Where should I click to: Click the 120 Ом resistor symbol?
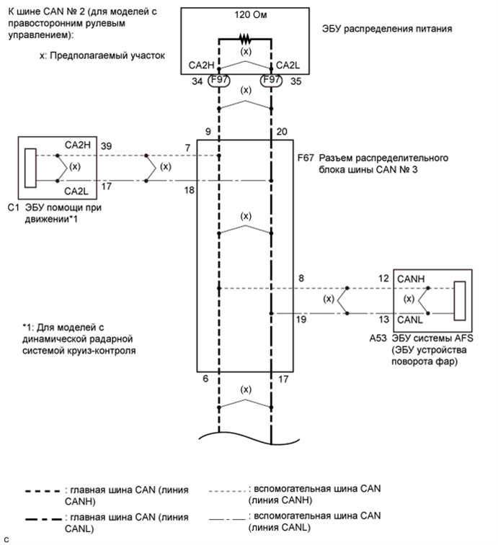245,39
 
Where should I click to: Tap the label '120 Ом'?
251,15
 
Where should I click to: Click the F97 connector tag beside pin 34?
219,81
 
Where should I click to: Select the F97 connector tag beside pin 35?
272,81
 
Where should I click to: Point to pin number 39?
106,146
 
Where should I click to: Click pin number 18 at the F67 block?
190,190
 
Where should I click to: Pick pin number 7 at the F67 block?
188,148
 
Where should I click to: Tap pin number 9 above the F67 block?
208,132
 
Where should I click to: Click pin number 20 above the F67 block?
282,132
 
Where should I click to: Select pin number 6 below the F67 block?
205,379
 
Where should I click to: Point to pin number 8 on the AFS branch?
301,278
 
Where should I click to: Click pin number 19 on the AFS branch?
301,320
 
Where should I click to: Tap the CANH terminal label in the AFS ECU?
411,279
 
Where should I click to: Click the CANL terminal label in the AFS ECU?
410,320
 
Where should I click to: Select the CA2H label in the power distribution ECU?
201,66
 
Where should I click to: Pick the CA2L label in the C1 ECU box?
76,192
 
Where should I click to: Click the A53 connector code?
378,338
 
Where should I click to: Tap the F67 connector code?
306,158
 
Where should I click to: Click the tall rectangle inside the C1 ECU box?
30,168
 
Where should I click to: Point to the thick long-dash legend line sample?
43,519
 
